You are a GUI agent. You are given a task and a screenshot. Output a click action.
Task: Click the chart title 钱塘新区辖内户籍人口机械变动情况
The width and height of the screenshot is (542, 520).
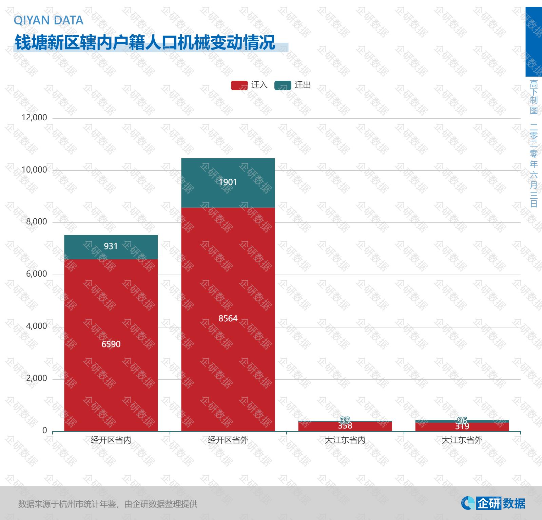(145, 43)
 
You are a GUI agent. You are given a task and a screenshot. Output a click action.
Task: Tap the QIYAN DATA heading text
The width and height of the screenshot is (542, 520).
(48, 20)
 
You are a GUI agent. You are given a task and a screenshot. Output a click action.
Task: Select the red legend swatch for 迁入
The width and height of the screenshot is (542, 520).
(239, 85)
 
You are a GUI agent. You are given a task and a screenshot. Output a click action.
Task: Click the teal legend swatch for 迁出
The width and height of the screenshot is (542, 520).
(283, 85)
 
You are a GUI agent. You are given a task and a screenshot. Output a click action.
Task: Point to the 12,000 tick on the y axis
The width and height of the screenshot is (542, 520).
(34, 118)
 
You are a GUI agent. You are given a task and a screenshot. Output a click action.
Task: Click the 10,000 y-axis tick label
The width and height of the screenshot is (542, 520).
(34, 170)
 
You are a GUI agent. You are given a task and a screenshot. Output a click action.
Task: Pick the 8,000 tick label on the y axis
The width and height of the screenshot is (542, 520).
(37, 222)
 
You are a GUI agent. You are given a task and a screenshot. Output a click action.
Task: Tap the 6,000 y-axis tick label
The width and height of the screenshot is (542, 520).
(37, 274)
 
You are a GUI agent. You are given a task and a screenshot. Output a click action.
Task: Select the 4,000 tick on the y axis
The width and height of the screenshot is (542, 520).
(37, 326)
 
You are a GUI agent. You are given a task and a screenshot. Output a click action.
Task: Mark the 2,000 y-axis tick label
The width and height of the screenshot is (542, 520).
(37, 379)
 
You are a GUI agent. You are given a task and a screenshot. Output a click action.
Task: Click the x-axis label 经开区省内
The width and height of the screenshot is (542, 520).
(111, 440)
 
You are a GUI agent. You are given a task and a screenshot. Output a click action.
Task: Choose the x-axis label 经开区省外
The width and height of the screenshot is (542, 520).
(228, 440)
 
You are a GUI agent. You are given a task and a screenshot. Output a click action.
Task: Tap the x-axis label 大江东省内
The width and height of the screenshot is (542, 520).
(345, 440)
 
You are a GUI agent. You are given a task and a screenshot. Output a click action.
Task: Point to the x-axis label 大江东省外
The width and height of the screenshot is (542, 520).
(462, 440)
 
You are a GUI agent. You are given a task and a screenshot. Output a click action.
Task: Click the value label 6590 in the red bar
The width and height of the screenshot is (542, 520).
(111, 344)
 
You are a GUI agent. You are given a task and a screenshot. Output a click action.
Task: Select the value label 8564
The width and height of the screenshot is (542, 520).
(228, 318)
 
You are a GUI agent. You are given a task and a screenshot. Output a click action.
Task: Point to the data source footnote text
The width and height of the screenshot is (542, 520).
(108, 504)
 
